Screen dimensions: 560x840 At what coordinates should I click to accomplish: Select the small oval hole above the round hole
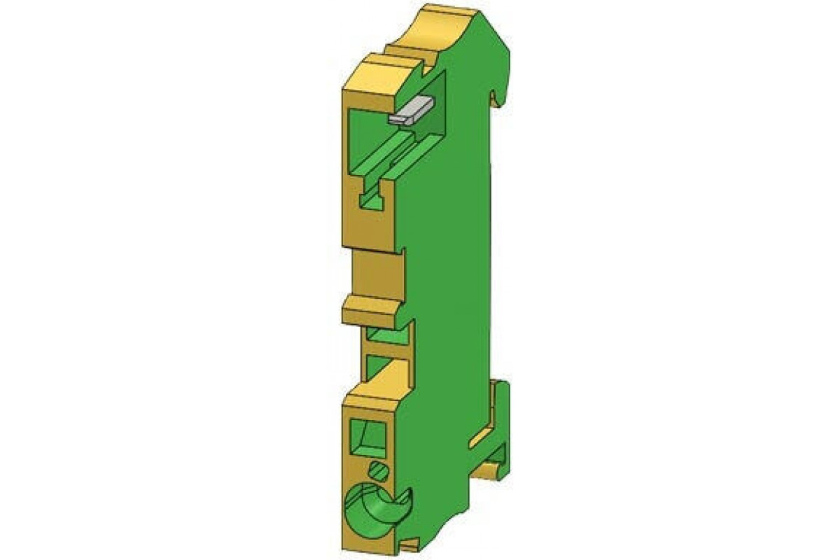click(x=379, y=468)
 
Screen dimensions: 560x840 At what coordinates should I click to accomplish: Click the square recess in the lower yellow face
click(x=369, y=437)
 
